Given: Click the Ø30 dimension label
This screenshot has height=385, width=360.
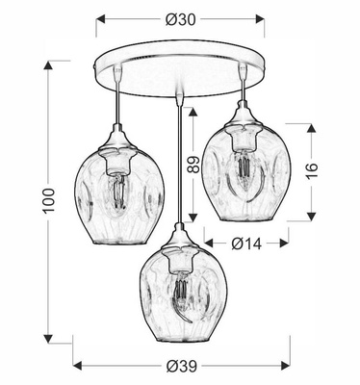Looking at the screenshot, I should (180, 18).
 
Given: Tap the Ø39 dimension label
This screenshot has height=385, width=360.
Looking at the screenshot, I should (180, 366).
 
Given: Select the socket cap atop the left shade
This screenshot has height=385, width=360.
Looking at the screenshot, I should (118, 142).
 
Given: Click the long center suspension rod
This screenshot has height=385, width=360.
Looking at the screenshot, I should (181, 154).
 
